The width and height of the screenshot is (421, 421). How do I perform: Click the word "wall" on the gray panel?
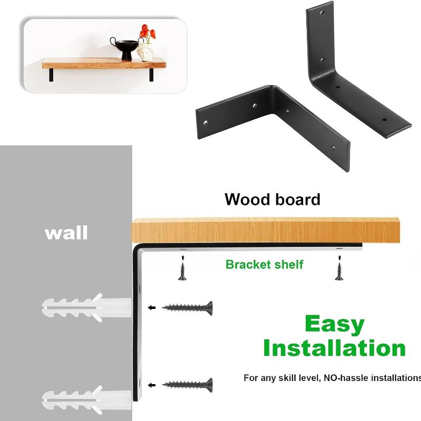coord(66,232)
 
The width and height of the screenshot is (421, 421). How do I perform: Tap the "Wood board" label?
coord(272,199)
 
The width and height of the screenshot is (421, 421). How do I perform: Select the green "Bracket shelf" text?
coord(264,264)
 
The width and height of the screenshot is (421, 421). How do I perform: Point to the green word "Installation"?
coord(334,348)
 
